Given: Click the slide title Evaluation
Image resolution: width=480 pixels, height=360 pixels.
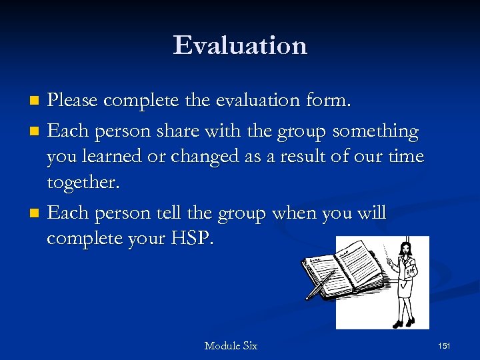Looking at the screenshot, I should tap(240, 45).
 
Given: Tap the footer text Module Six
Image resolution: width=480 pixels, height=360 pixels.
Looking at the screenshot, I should tap(231, 345).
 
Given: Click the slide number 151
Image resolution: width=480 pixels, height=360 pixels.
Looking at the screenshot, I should tap(445, 345).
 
